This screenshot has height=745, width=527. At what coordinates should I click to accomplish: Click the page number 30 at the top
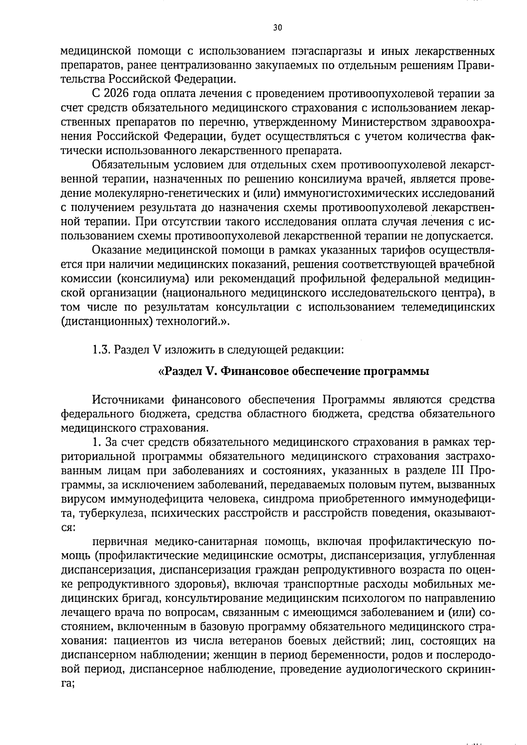pyautogui.click(x=277, y=28)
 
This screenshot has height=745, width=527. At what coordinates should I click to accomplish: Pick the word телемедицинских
pyautogui.click(x=448, y=307)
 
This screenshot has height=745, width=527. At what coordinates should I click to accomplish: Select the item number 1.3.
pyautogui.click(x=101, y=350)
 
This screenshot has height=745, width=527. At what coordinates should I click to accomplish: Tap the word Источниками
pyautogui.click(x=127, y=399)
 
